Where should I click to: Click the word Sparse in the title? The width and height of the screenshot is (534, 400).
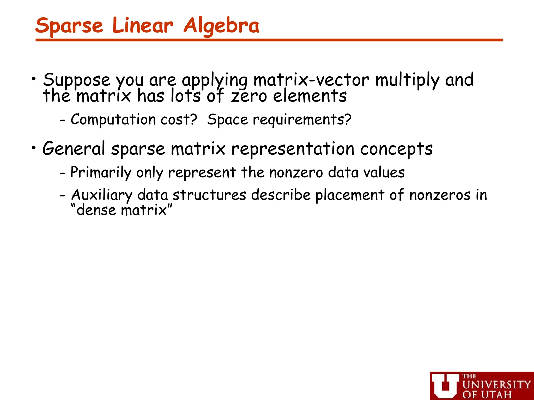coord(69,26)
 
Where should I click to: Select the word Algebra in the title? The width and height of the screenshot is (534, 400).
coord(221,26)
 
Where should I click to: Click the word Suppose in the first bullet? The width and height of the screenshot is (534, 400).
coord(77,80)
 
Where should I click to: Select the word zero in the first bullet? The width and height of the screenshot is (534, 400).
coord(249,96)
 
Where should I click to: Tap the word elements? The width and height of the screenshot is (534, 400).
coord(310,96)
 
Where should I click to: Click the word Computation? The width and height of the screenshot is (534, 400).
coord(113,120)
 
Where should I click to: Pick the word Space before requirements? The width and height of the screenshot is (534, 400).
coord(227,120)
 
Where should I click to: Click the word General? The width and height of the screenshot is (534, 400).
coord(74,149)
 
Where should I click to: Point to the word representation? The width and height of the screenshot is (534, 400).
coord(293,149)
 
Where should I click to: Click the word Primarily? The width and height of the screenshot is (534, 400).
coord(101,172)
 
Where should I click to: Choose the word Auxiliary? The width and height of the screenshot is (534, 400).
coord(102,195)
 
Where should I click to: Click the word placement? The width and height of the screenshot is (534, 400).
coord(350,195)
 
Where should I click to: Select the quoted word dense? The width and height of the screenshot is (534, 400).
coord(96,210)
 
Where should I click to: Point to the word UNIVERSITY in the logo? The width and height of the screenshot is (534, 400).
coord(496,385)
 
